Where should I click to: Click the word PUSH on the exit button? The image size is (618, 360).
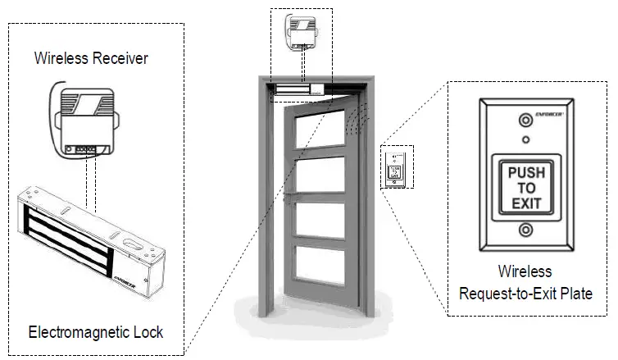pos(526,173)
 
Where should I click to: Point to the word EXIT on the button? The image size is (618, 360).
pos(526,203)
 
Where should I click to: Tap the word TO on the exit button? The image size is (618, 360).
pos(526,188)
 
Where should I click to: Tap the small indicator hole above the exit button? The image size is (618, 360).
pos(526,139)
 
